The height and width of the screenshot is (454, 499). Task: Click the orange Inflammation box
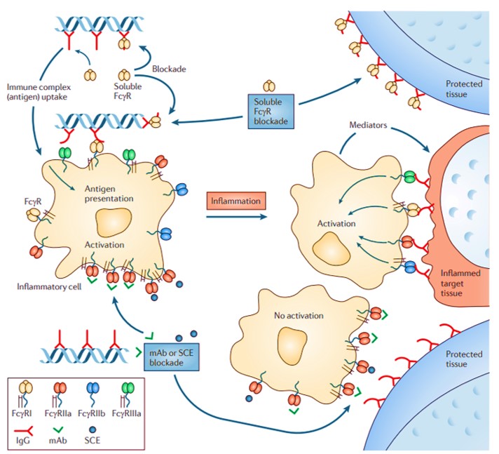point(238,201)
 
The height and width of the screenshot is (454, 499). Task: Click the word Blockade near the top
point(169,69)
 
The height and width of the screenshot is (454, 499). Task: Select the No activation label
point(299,316)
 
